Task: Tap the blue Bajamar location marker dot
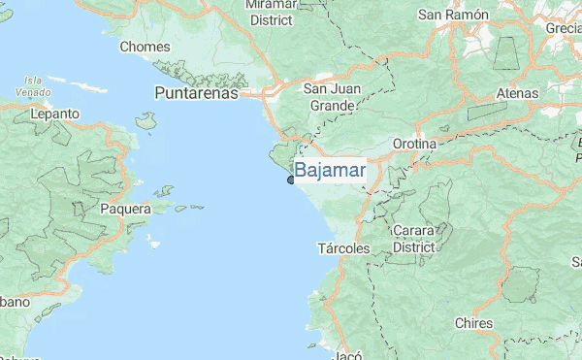[290, 180]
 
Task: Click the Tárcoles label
[344, 248]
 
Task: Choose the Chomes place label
[145, 46]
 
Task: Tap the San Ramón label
[451, 15]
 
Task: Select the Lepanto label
[54, 114]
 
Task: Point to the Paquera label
[125, 208]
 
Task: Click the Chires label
[473, 323]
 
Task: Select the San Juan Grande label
[335, 97]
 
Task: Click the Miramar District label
[271, 12]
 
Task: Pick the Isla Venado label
[33, 85]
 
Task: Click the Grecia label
[564, 27]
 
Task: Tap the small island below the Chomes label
[146, 120]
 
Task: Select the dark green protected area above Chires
[520, 284]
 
